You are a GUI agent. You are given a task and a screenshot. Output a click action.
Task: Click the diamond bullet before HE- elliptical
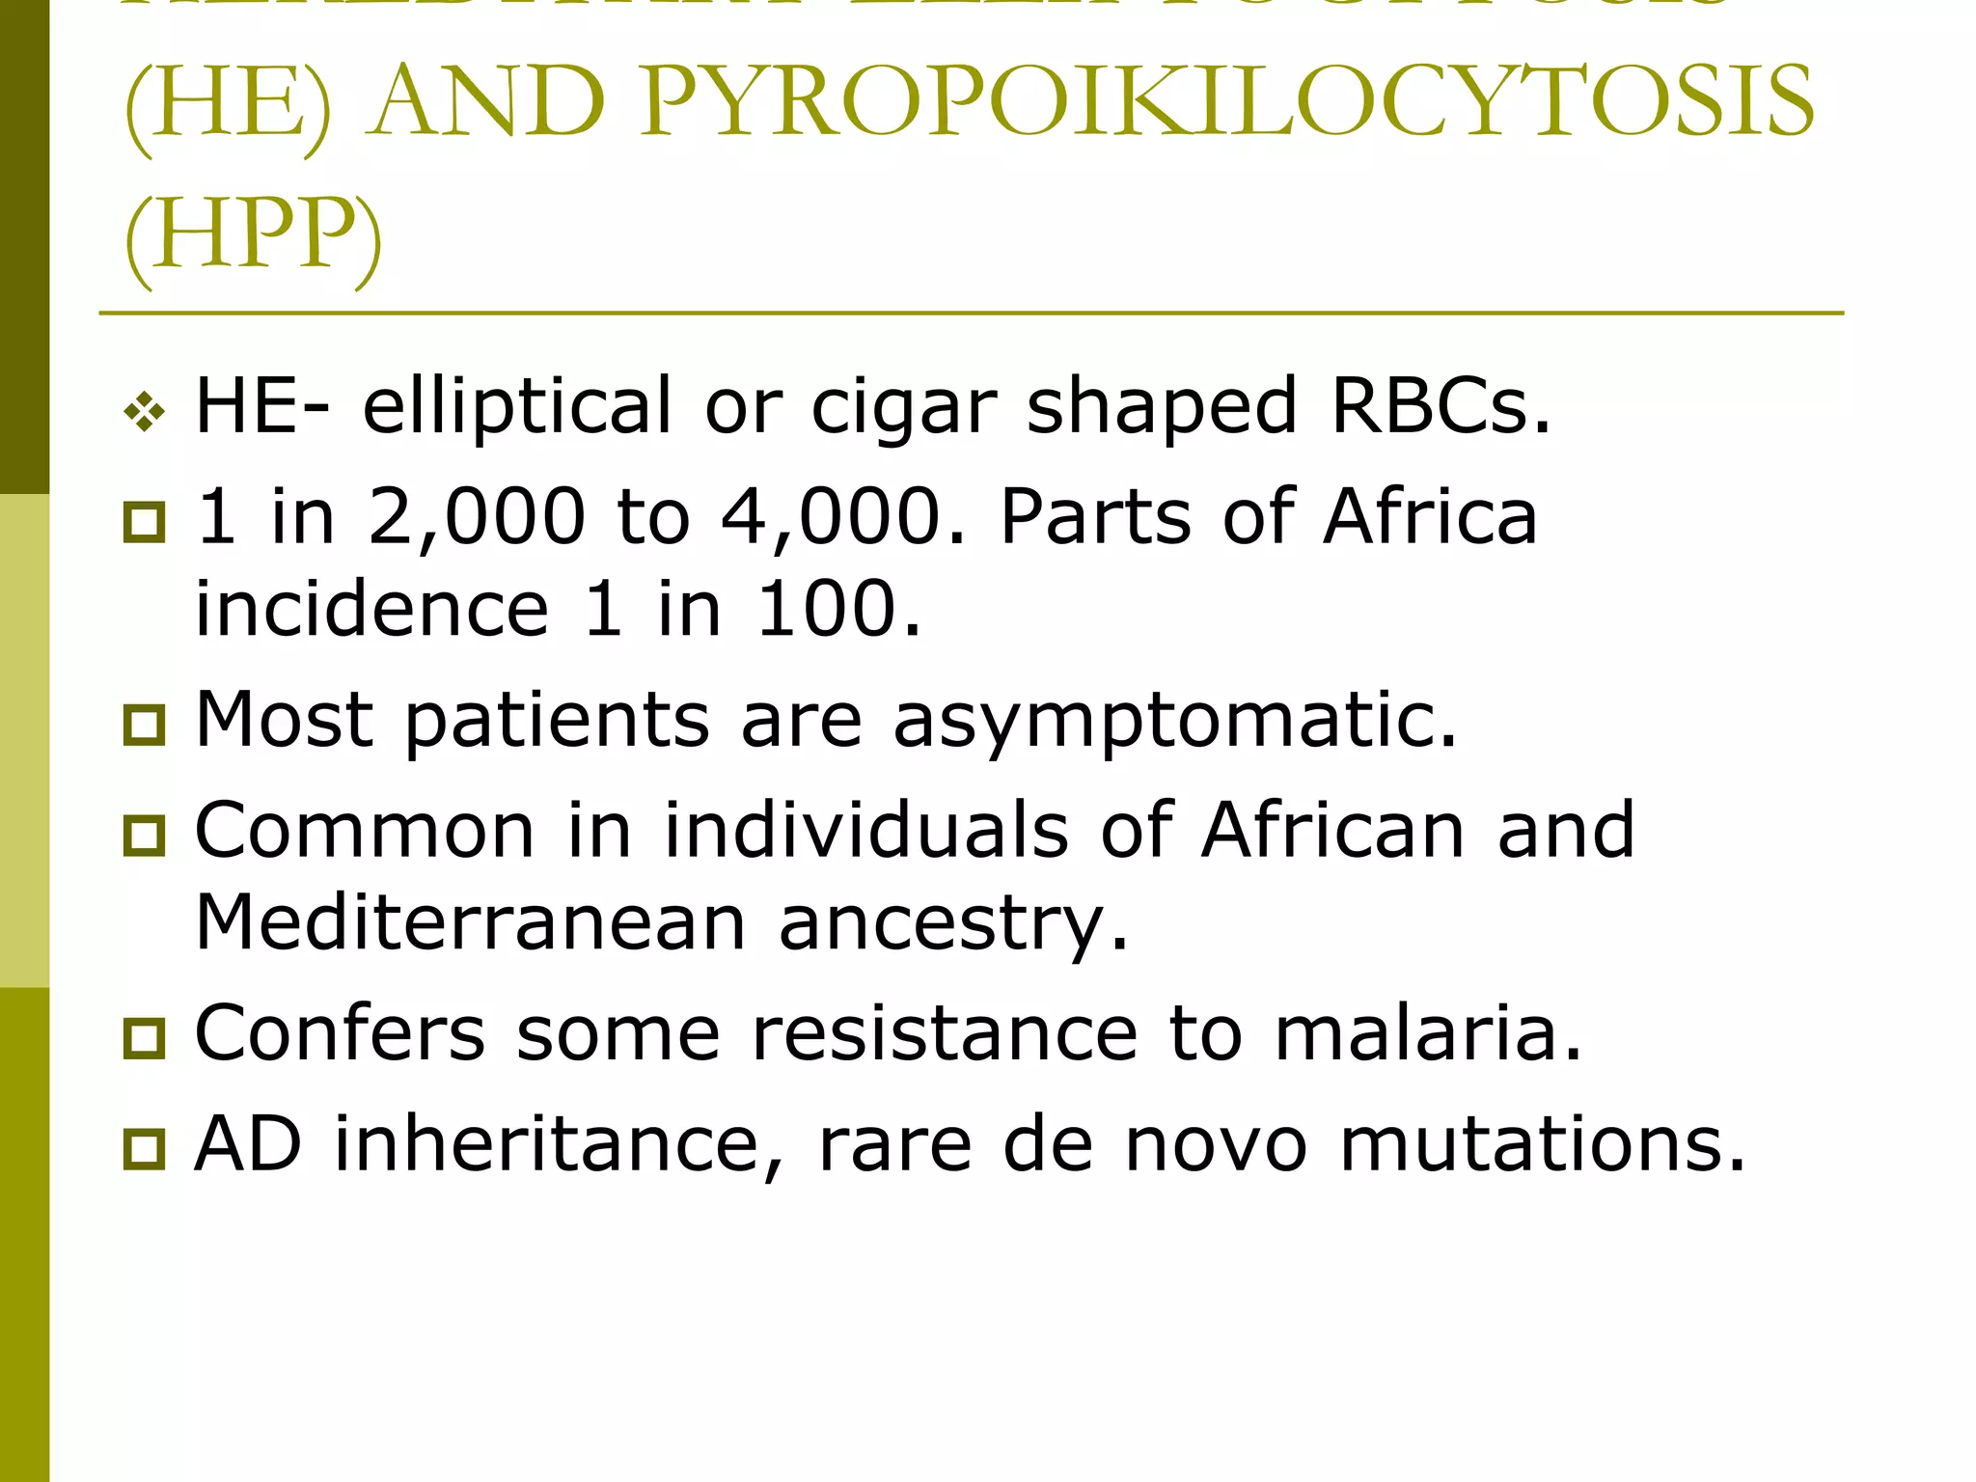145,414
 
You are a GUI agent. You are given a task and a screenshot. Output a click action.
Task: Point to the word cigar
903,407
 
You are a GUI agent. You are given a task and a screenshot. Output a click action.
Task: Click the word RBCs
1441,405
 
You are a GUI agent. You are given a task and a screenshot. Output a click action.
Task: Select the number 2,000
477,517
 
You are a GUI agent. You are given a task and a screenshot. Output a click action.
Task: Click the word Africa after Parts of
1430,517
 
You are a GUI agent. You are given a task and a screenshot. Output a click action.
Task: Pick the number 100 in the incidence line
837,610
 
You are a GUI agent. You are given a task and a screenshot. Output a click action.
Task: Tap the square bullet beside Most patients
145,725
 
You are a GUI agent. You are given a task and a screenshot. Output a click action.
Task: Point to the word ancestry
952,924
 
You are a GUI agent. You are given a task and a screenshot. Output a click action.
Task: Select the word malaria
1428,1032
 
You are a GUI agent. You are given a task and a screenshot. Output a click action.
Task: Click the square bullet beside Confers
145,1038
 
